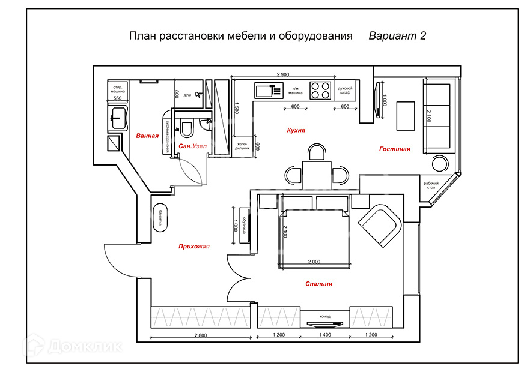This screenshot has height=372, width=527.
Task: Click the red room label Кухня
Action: pyautogui.click(x=296, y=130)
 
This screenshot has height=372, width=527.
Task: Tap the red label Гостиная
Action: pyautogui.click(x=394, y=149)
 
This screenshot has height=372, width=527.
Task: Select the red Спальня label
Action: pyautogui.click(x=318, y=284)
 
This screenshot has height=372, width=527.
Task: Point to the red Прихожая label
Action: pyautogui.click(x=193, y=246)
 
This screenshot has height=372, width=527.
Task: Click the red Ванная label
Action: pyautogui.click(x=147, y=136)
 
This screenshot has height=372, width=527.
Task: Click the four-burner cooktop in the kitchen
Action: pyautogui.click(x=320, y=91)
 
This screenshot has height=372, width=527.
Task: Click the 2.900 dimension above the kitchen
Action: pyautogui.click(x=283, y=74)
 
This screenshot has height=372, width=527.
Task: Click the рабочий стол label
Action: pyautogui.click(x=430, y=186)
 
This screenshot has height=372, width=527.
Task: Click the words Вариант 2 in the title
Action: pyautogui.click(x=397, y=36)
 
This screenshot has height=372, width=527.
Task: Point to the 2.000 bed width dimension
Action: pyautogui.click(x=314, y=262)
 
